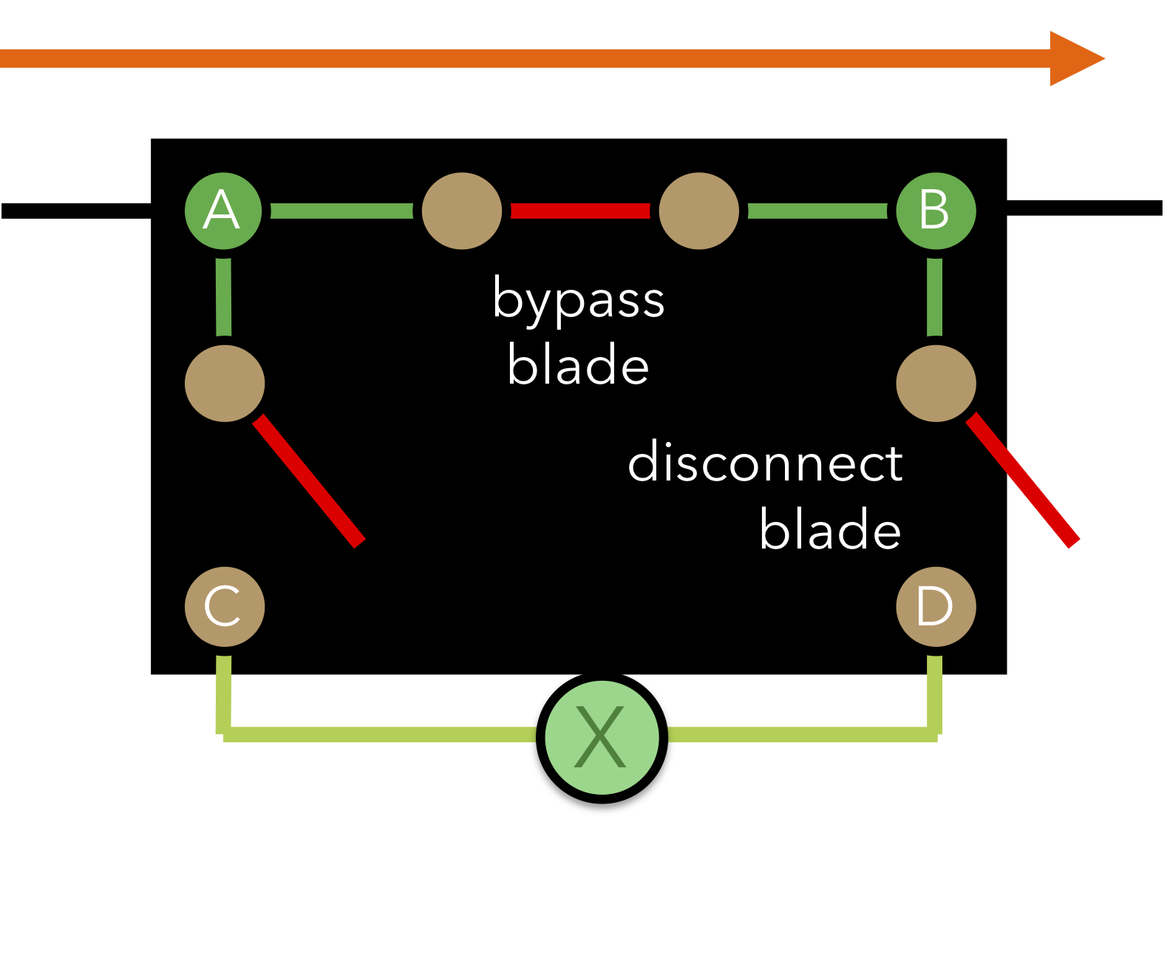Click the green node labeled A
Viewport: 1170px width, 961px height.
point(223,211)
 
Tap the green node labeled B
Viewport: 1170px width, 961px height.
point(936,211)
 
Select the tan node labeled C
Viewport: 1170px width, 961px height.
point(225,606)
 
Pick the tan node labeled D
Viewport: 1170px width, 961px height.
point(936,606)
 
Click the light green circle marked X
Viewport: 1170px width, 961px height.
point(602,737)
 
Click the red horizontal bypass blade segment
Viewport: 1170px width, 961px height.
point(580,211)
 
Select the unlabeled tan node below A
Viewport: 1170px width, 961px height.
point(225,383)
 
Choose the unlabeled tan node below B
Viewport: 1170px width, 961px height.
point(936,383)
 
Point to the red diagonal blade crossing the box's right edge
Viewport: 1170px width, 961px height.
point(1023,480)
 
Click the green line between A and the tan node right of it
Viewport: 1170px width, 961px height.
point(342,211)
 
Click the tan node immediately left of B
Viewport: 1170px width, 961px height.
point(698,211)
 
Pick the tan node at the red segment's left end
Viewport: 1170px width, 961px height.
point(462,211)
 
